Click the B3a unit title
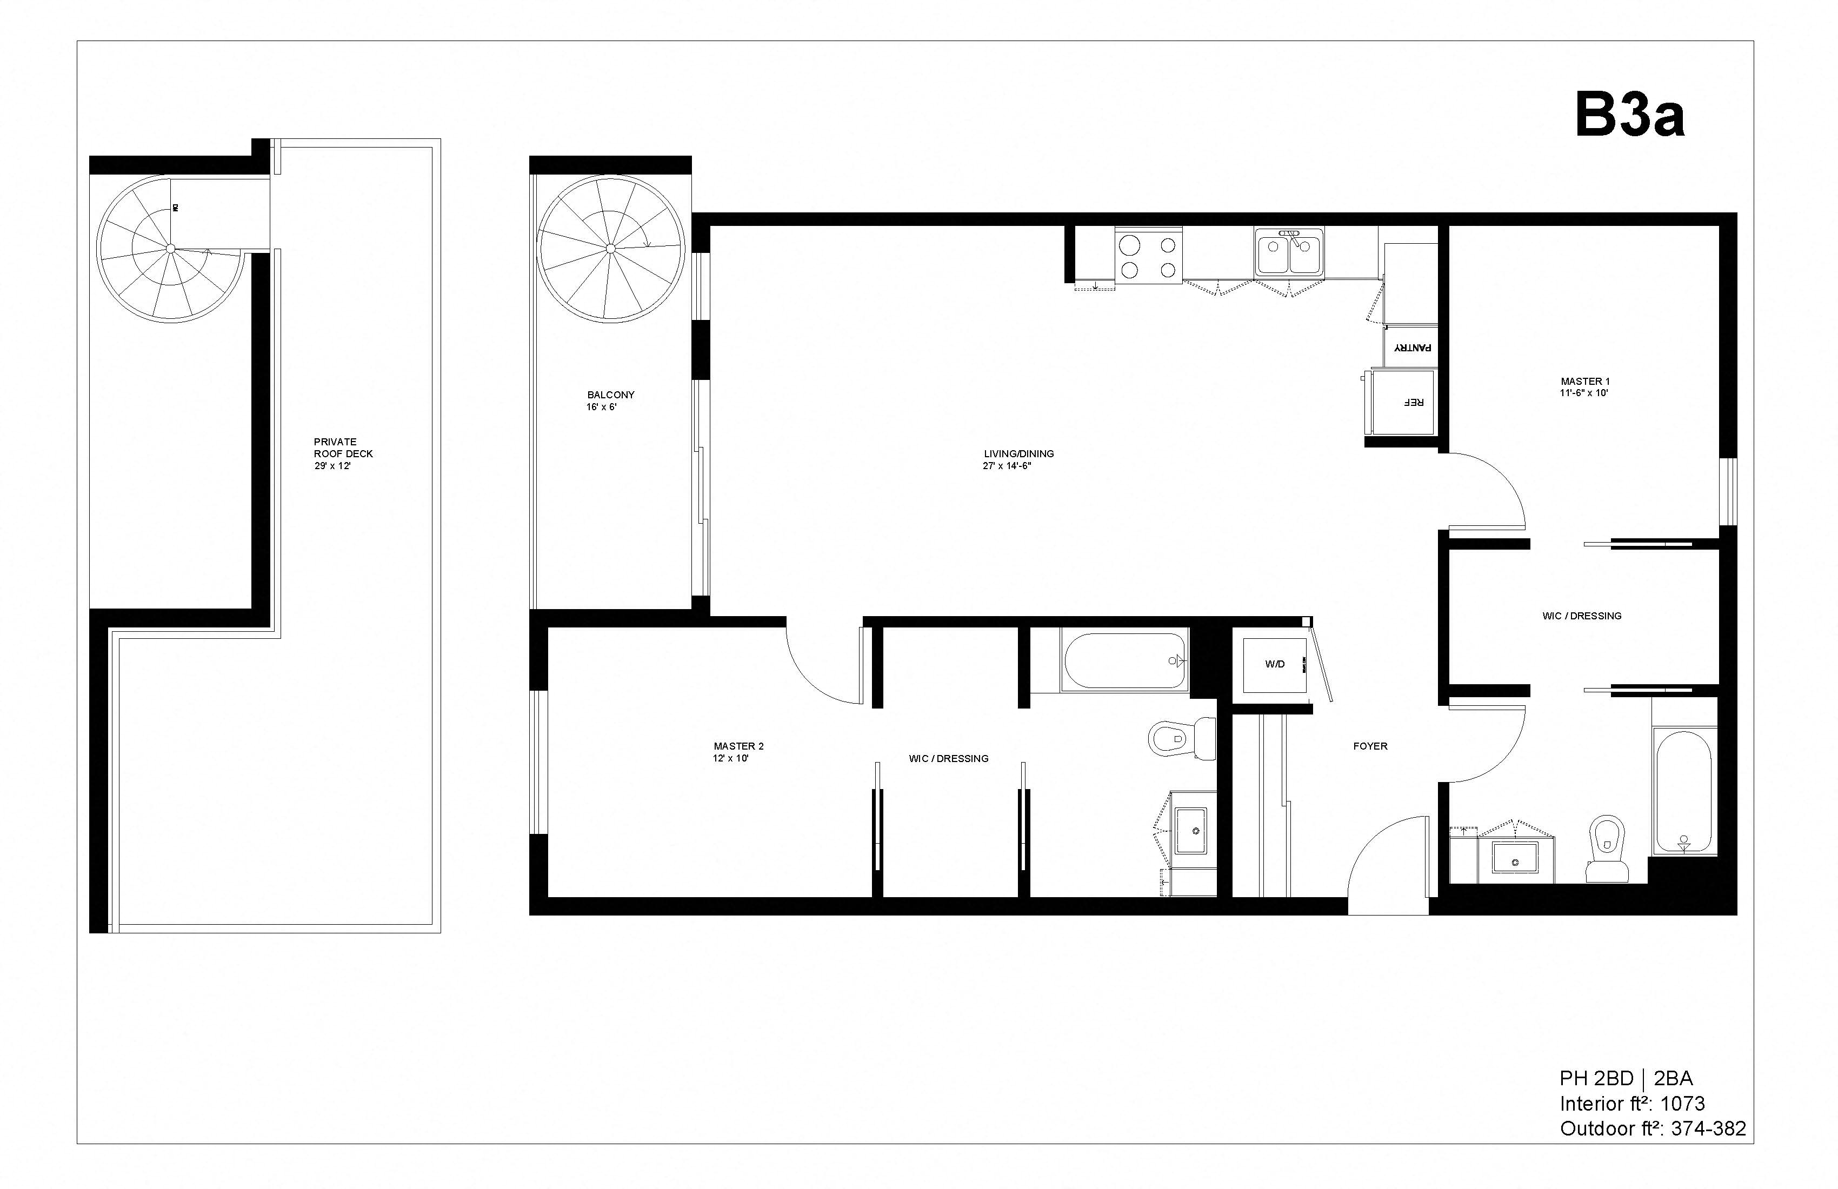point(1629,115)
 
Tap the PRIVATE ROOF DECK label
point(343,453)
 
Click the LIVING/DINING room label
point(1018,459)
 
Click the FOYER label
point(1369,746)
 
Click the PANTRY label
point(1411,348)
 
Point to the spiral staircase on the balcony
point(610,249)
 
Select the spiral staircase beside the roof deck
point(171,249)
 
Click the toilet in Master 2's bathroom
point(1180,737)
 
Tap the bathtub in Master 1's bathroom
point(1683,791)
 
